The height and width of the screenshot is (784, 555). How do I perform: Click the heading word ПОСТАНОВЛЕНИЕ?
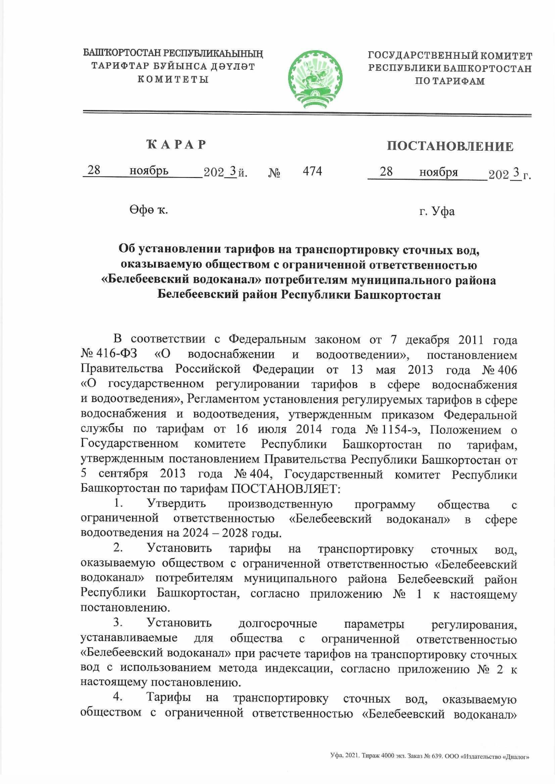click(450, 147)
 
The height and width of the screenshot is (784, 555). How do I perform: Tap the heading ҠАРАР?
click(176, 145)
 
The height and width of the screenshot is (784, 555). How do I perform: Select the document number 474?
click(312, 171)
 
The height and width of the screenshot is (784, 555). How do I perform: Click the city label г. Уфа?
click(437, 212)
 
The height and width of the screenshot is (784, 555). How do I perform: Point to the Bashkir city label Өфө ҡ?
click(148, 210)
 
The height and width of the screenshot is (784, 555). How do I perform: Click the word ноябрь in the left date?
click(149, 171)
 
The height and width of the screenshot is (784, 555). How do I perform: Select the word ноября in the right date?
click(438, 172)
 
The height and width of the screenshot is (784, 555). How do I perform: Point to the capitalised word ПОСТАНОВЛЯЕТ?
click(285, 489)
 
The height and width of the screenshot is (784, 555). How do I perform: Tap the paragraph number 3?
click(118, 623)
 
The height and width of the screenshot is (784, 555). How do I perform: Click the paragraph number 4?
click(118, 698)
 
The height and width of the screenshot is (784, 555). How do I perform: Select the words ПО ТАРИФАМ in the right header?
click(450, 81)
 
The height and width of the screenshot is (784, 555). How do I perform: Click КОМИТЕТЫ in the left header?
click(173, 79)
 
